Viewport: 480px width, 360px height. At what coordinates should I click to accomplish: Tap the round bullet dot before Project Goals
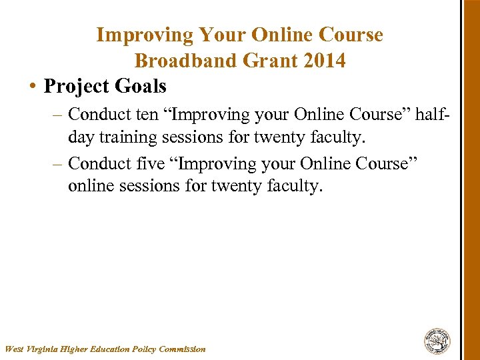click(33, 87)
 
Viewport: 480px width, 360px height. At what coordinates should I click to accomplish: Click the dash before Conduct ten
click(57, 115)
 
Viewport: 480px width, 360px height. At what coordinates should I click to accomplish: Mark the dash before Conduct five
click(57, 164)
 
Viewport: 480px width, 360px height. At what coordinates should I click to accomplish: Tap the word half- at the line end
click(434, 114)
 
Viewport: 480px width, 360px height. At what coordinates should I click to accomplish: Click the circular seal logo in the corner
click(437, 341)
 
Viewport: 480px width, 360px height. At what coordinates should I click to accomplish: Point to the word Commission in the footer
click(183, 349)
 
